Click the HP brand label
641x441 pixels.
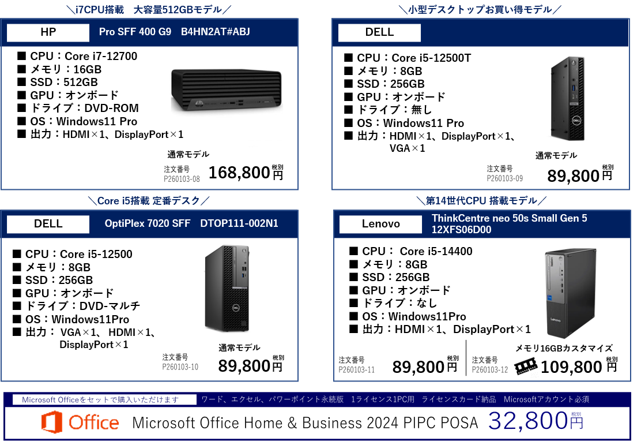48,32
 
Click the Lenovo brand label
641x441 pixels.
380,224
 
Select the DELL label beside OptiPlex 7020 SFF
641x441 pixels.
48,224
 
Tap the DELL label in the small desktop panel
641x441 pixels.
379,32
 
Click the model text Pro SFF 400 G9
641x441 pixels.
135,32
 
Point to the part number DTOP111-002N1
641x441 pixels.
239,223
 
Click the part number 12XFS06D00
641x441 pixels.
461,230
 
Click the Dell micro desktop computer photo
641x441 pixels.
569,99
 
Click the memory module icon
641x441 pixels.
526,367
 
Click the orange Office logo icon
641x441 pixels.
51,423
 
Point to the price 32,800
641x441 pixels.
527,422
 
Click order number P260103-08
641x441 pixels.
182,179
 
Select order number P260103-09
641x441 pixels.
505,179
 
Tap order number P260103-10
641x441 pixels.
180,367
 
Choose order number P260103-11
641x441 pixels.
357,370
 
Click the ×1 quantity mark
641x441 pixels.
176,134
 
